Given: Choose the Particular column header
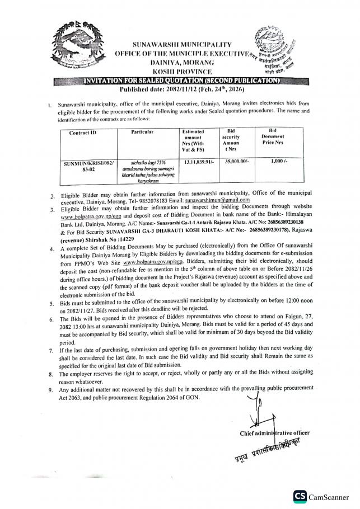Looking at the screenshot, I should (x=142, y=132).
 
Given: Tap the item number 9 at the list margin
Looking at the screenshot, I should (x=50, y=389).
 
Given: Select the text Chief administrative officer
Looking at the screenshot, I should (x=274, y=432).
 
